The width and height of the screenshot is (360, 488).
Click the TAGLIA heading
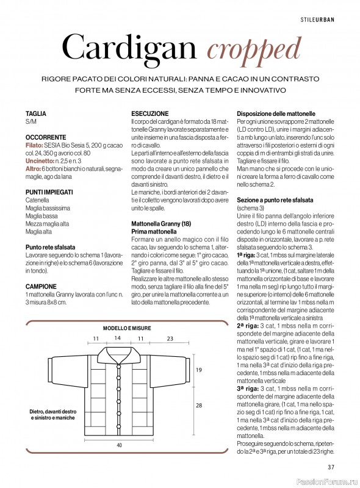[35, 114]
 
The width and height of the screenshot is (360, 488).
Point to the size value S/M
[31, 122]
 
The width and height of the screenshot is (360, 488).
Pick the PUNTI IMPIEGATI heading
[49, 192]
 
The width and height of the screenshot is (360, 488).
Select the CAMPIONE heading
[41, 286]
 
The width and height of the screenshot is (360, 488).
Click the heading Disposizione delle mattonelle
[276, 113]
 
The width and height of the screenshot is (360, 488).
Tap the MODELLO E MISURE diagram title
[127, 328]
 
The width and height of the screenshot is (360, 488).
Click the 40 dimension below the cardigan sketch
[120, 445]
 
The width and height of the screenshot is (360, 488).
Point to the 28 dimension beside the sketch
[198, 406]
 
